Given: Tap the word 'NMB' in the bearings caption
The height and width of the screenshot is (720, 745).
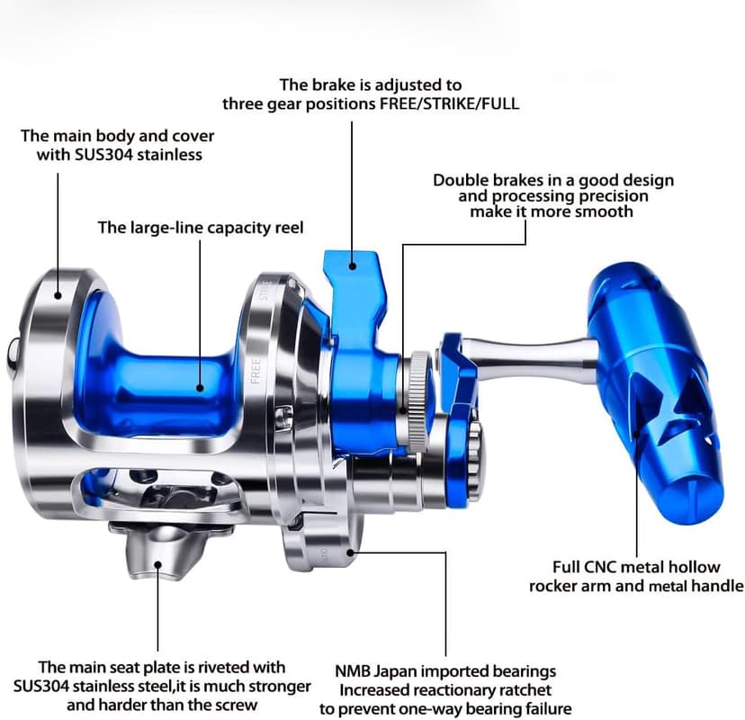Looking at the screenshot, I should tap(354, 671).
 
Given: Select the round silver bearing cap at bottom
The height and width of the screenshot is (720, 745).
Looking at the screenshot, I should tap(324, 540).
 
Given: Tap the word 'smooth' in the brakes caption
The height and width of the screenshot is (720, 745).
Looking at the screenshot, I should tap(603, 212).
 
